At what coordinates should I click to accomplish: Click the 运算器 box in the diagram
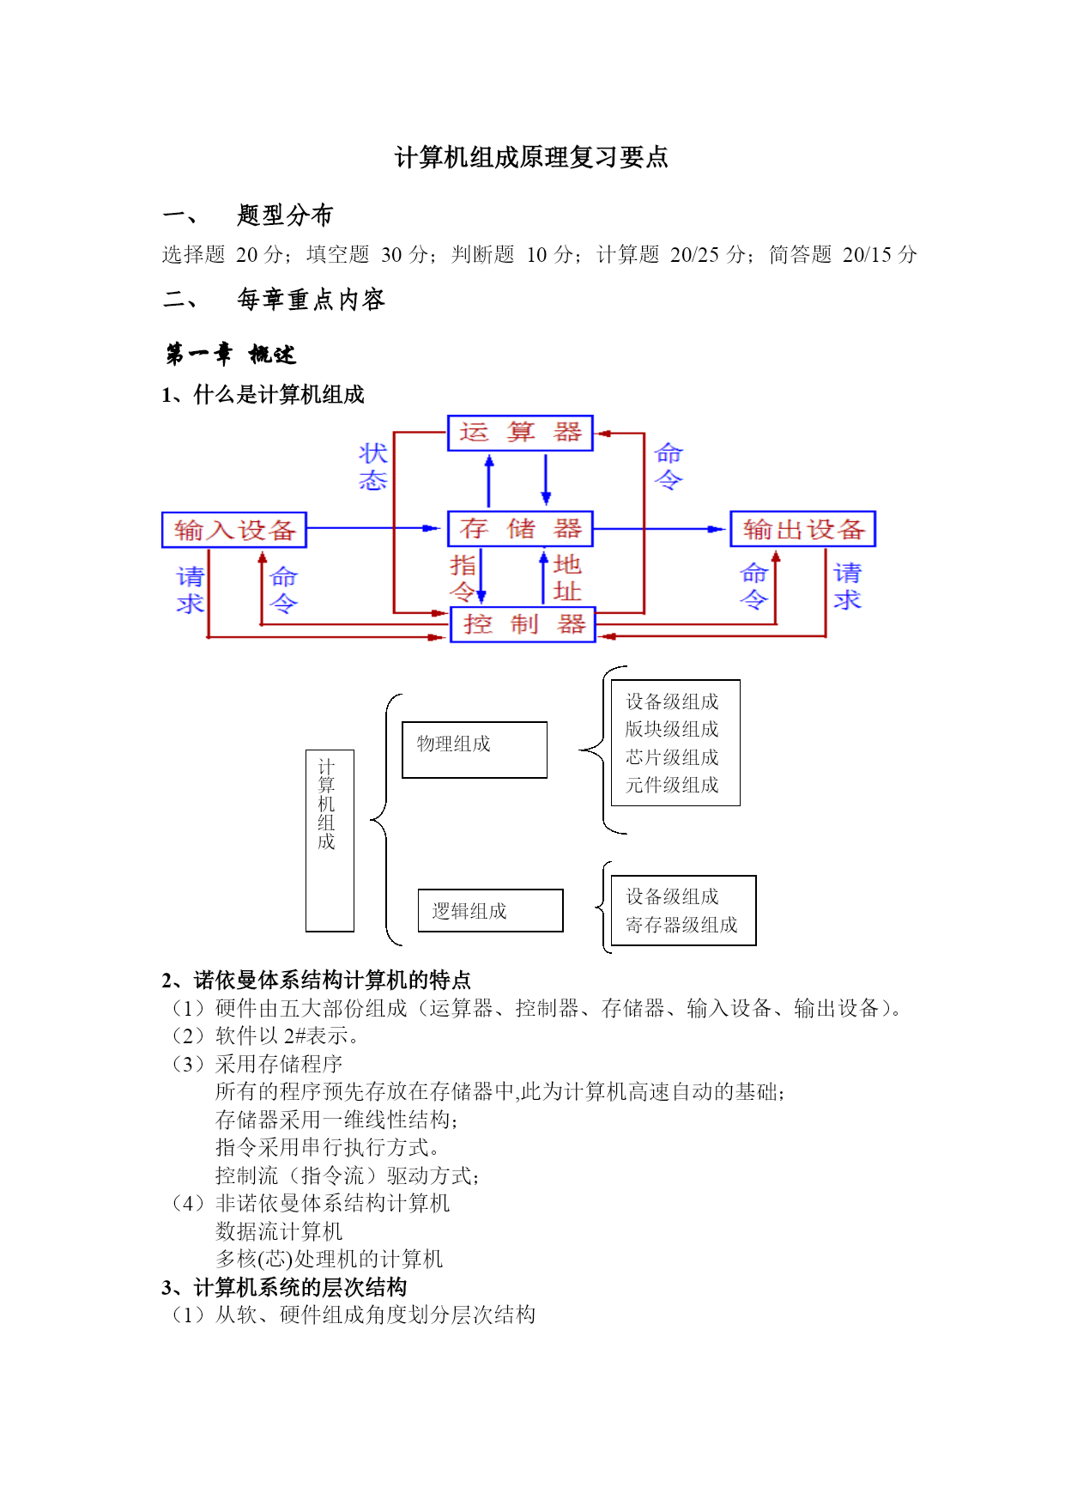[x=520, y=433]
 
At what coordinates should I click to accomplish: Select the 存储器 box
[x=520, y=529]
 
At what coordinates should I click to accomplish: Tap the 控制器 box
[x=523, y=624]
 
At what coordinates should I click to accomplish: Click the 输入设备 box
[x=234, y=530]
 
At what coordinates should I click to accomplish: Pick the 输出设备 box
[x=803, y=529]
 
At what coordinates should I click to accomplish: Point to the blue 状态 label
[x=373, y=467]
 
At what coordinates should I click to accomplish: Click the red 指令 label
[x=463, y=578]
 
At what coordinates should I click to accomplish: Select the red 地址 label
[x=567, y=578]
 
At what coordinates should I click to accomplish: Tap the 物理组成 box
[x=475, y=750]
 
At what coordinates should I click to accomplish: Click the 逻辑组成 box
[x=491, y=910]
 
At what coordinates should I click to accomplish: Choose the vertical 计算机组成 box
[x=330, y=841]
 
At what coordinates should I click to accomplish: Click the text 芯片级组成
[x=672, y=757]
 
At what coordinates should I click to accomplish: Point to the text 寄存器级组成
[x=681, y=925]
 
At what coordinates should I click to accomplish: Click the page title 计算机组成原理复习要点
[x=531, y=157]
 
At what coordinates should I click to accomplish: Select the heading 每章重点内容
[x=311, y=300]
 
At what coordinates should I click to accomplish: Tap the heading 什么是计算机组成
[x=279, y=395]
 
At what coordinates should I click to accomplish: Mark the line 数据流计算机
[x=279, y=1231]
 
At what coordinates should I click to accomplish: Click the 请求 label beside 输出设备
[x=847, y=586]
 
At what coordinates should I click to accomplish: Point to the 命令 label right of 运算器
[x=669, y=467]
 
